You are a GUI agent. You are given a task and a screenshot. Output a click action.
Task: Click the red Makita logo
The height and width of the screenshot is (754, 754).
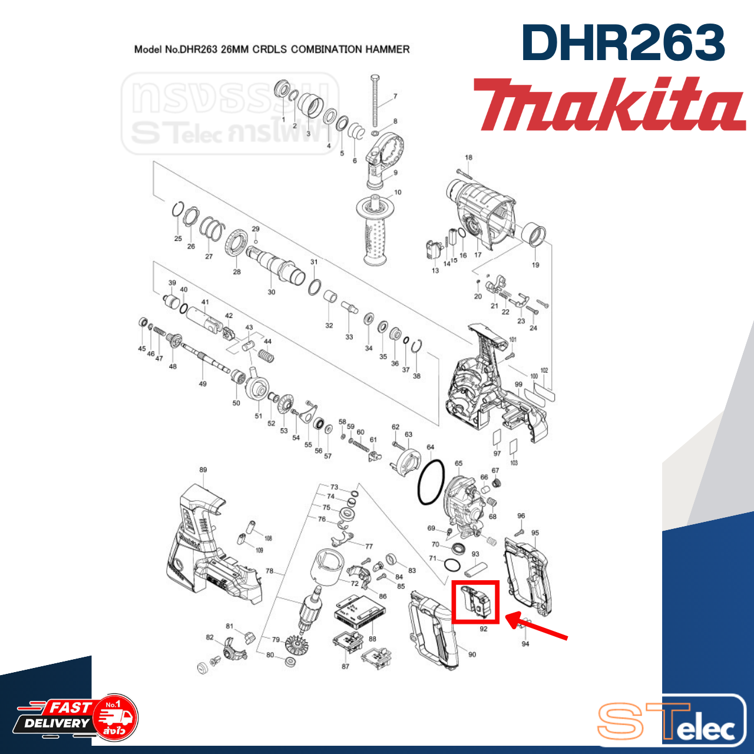coord(609,105)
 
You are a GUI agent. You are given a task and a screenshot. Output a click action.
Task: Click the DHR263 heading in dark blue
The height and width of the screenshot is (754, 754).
coord(623,42)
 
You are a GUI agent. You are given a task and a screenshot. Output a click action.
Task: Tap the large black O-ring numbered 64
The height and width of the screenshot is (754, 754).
coord(431,481)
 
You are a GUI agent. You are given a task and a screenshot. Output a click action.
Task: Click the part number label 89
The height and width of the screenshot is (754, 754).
coord(203,470)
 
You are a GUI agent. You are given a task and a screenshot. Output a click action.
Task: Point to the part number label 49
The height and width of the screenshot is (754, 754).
coord(203,384)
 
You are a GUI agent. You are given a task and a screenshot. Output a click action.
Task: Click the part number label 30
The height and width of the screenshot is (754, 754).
coord(271,292)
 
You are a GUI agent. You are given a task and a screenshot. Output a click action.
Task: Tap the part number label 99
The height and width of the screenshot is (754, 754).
coord(518,385)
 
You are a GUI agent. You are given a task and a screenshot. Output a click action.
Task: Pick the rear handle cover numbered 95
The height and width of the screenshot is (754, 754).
coord(528,575)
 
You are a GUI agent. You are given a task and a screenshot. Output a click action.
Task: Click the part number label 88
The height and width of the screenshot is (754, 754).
coord(372,639)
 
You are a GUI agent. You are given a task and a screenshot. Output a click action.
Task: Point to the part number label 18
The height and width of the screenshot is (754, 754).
coord(468,158)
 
